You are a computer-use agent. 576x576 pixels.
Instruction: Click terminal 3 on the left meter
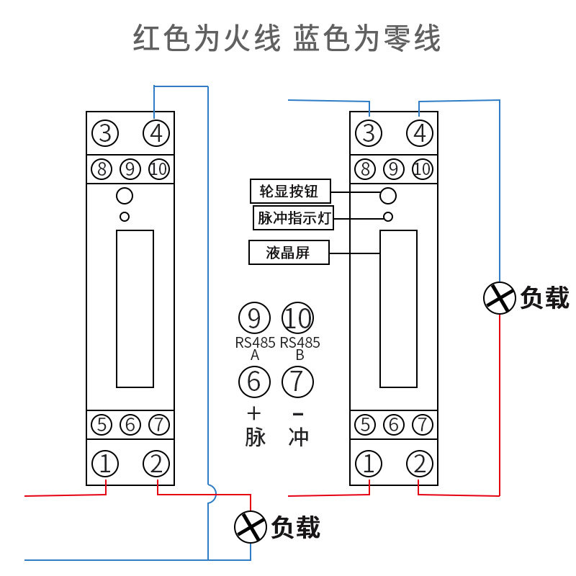(105, 133)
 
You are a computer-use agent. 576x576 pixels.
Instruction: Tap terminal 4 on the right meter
(420, 133)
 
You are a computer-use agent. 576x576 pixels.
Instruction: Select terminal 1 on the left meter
(105, 463)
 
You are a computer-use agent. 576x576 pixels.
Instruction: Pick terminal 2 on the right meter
(420, 463)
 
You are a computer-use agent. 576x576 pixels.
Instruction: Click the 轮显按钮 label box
(290, 191)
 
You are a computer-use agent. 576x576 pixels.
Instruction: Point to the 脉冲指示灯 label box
(293, 218)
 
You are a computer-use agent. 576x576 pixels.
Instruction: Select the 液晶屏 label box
(289, 253)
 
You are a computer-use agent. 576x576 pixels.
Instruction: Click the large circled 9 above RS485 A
(254, 318)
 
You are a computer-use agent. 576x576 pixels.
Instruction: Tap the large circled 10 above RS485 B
(297, 318)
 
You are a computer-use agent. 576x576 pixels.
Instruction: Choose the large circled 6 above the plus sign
(254, 382)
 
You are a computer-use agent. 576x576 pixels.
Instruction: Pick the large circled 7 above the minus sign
(297, 382)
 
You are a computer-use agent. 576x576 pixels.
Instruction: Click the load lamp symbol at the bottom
(250, 527)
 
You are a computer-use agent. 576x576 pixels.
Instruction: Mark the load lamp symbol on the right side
(499, 298)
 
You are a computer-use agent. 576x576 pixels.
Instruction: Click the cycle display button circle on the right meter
(388, 195)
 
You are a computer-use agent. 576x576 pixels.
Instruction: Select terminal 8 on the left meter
(102, 169)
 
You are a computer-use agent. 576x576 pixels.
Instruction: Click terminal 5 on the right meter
(365, 425)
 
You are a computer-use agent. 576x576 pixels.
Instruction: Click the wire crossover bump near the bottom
(212, 494)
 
